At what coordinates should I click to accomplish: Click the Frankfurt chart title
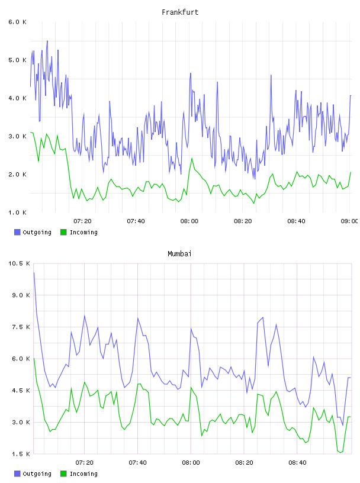(x=180, y=12)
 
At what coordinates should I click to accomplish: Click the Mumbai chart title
(x=179, y=254)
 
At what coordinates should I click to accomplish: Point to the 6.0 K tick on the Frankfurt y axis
(x=18, y=22)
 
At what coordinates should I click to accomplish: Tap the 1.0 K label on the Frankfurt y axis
(x=18, y=212)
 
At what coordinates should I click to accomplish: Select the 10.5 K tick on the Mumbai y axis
(x=19, y=263)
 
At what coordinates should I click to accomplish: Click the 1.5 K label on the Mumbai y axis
(x=21, y=454)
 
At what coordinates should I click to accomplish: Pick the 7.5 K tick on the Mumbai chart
(x=21, y=327)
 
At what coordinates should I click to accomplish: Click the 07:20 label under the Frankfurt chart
(x=83, y=221)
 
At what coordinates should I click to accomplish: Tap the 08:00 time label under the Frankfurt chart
(x=189, y=221)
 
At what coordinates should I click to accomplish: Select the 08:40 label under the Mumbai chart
(x=297, y=462)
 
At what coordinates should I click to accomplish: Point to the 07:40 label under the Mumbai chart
(x=138, y=462)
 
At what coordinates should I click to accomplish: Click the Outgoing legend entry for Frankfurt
(x=33, y=232)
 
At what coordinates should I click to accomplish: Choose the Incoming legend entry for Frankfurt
(x=79, y=232)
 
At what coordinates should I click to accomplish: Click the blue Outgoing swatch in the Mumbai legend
(x=17, y=474)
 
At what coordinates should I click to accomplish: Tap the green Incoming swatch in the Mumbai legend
(x=63, y=474)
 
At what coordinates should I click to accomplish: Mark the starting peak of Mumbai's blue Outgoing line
(x=34, y=273)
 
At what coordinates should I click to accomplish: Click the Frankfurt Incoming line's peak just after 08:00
(x=192, y=158)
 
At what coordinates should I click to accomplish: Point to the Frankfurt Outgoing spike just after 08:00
(x=191, y=73)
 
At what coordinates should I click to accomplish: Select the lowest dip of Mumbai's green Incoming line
(x=340, y=452)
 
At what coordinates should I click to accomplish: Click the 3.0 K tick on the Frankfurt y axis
(x=18, y=137)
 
